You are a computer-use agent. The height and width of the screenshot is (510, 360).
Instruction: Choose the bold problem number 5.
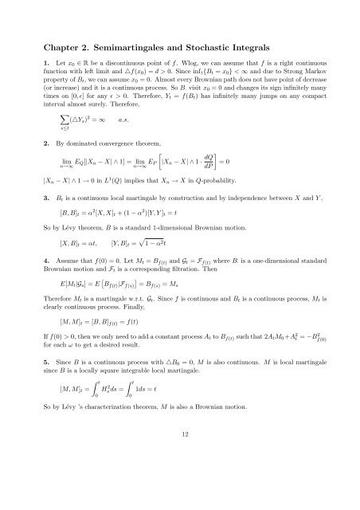[x=46, y=382]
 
